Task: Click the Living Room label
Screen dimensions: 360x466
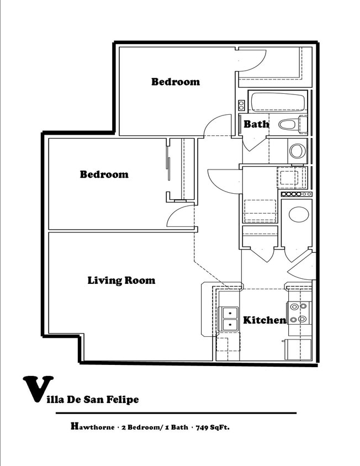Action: point(121,280)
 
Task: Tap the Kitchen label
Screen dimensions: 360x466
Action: point(264,320)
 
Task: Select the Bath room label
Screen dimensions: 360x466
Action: point(256,124)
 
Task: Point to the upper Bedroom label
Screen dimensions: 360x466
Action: point(176,82)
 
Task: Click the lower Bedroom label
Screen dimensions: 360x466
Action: point(104,174)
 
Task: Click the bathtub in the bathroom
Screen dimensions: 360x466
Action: point(278,102)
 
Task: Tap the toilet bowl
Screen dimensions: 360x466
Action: point(293,125)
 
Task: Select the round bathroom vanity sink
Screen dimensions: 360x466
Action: point(297,151)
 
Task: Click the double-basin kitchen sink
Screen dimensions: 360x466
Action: point(228,319)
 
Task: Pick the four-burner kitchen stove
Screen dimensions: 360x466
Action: point(299,313)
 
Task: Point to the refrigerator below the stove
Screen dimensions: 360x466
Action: point(298,349)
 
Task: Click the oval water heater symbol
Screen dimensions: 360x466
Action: point(299,214)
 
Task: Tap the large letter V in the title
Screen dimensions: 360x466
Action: point(38,389)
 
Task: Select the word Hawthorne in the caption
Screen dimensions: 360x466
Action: point(92,427)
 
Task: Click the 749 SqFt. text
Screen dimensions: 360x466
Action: point(213,427)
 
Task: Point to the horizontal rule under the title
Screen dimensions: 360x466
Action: point(176,413)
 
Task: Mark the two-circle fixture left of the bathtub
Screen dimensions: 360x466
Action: point(241,105)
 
